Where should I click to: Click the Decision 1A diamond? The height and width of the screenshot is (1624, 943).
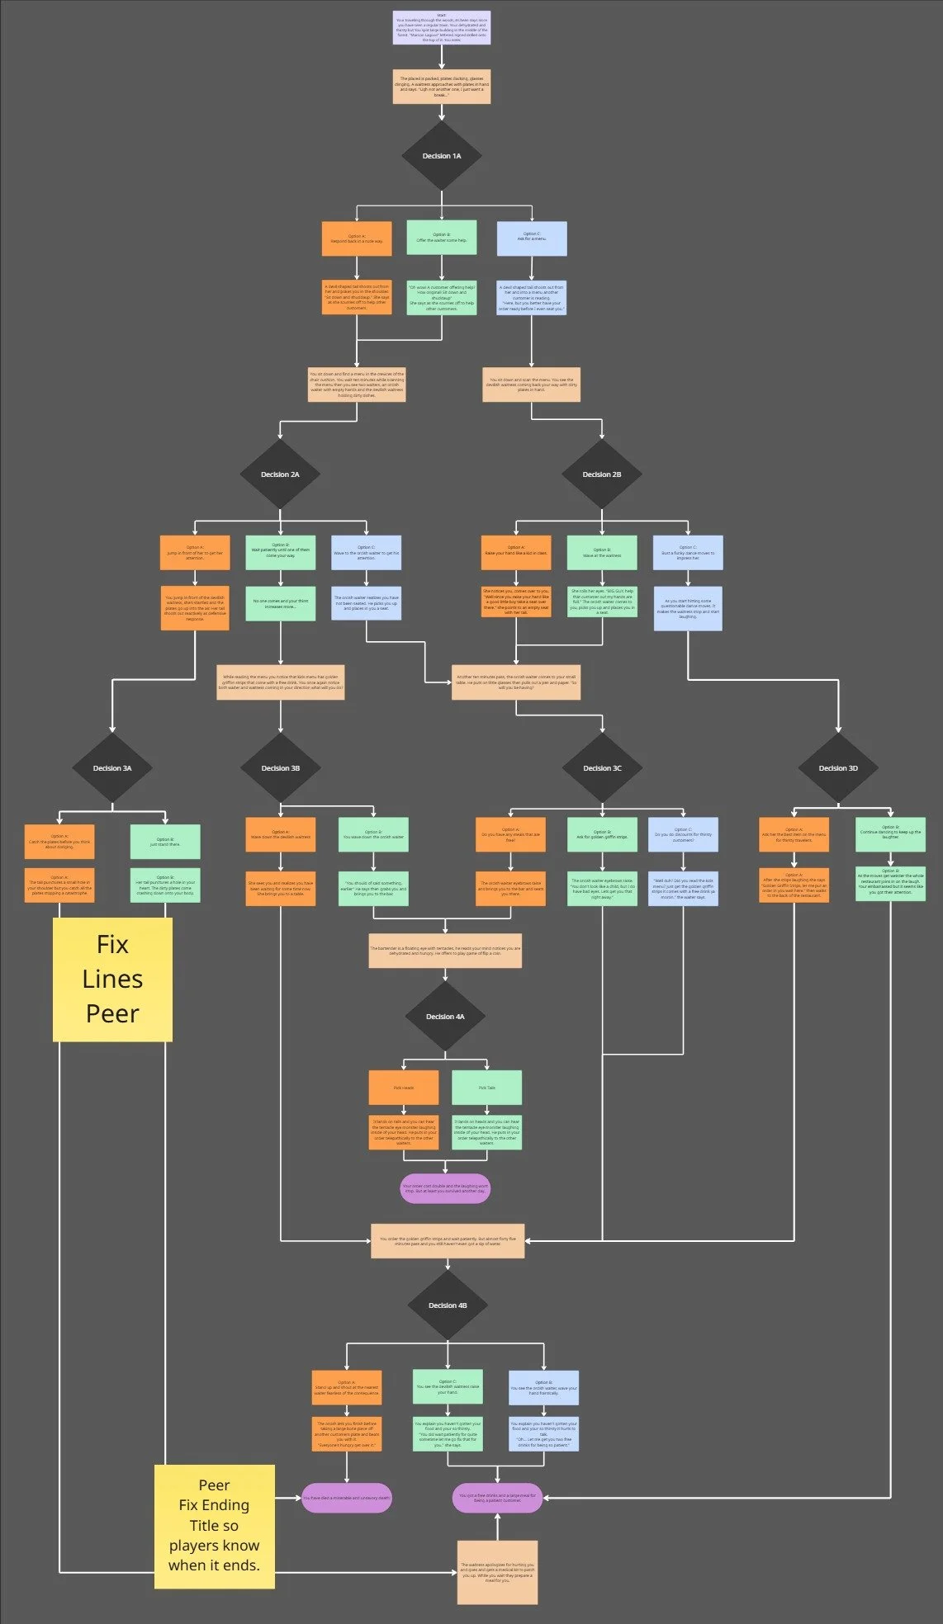click(x=442, y=156)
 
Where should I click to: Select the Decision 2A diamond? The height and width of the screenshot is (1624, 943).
click(x=280, y=474)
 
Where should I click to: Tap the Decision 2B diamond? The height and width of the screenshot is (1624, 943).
click(x=602, y=474)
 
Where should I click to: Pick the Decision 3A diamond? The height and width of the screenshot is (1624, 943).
click(x=112, y=768)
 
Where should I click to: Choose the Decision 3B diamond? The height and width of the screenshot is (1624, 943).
click(x=281, y=768)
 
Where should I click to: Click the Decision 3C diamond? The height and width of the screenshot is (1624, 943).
click(x=602, y=768)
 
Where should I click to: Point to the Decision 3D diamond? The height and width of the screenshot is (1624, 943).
click(x=838, y=768)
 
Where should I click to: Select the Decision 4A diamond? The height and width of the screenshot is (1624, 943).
click(x=445, y=1017)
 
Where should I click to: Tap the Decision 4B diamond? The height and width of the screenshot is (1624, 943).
click(x=448, y=1305)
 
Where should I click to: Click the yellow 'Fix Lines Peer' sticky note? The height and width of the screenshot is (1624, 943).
click(x=113, y=980)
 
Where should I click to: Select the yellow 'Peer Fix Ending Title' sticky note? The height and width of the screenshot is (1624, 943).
click(x=215, y=1526)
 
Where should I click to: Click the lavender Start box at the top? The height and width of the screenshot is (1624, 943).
click(x=442, y=27)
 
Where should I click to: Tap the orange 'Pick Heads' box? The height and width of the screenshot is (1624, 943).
click(x=404, y=1088)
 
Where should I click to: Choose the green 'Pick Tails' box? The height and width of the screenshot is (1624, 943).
click(x=486, y=1088)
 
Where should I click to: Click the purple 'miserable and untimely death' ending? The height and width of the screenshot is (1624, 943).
click(x=346, y=1498)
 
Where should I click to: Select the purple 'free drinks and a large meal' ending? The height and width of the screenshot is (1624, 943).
click(x=497, y=1498)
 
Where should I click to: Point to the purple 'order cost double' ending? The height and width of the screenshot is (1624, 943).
click(x=445, y=1189)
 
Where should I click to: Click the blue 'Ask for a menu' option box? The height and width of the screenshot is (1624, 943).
click(x=532, y=238)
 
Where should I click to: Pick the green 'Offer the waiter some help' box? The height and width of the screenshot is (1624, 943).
click(x=442, y=238)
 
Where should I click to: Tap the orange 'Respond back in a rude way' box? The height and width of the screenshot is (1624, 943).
click(x=357, y=239)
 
